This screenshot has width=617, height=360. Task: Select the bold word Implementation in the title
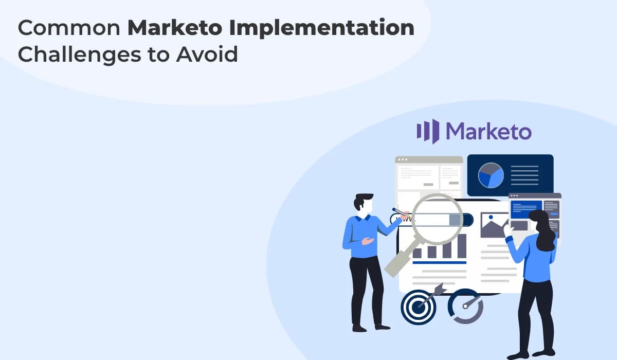click(x=322, y=29)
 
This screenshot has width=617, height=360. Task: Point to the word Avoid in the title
click(x=207, y=55)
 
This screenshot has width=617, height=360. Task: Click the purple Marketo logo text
click(x=488, y=132)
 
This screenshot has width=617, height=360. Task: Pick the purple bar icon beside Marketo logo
click(x=428, y=131)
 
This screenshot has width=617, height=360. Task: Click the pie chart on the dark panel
click(x=491, y=175)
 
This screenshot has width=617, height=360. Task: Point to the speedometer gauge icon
click(x=465, y=307)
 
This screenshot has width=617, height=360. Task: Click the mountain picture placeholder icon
click(x=494, y=225)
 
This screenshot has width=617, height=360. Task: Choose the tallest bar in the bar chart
click(x=461, y=246)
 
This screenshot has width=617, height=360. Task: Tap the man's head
click(x=364, y=204)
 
